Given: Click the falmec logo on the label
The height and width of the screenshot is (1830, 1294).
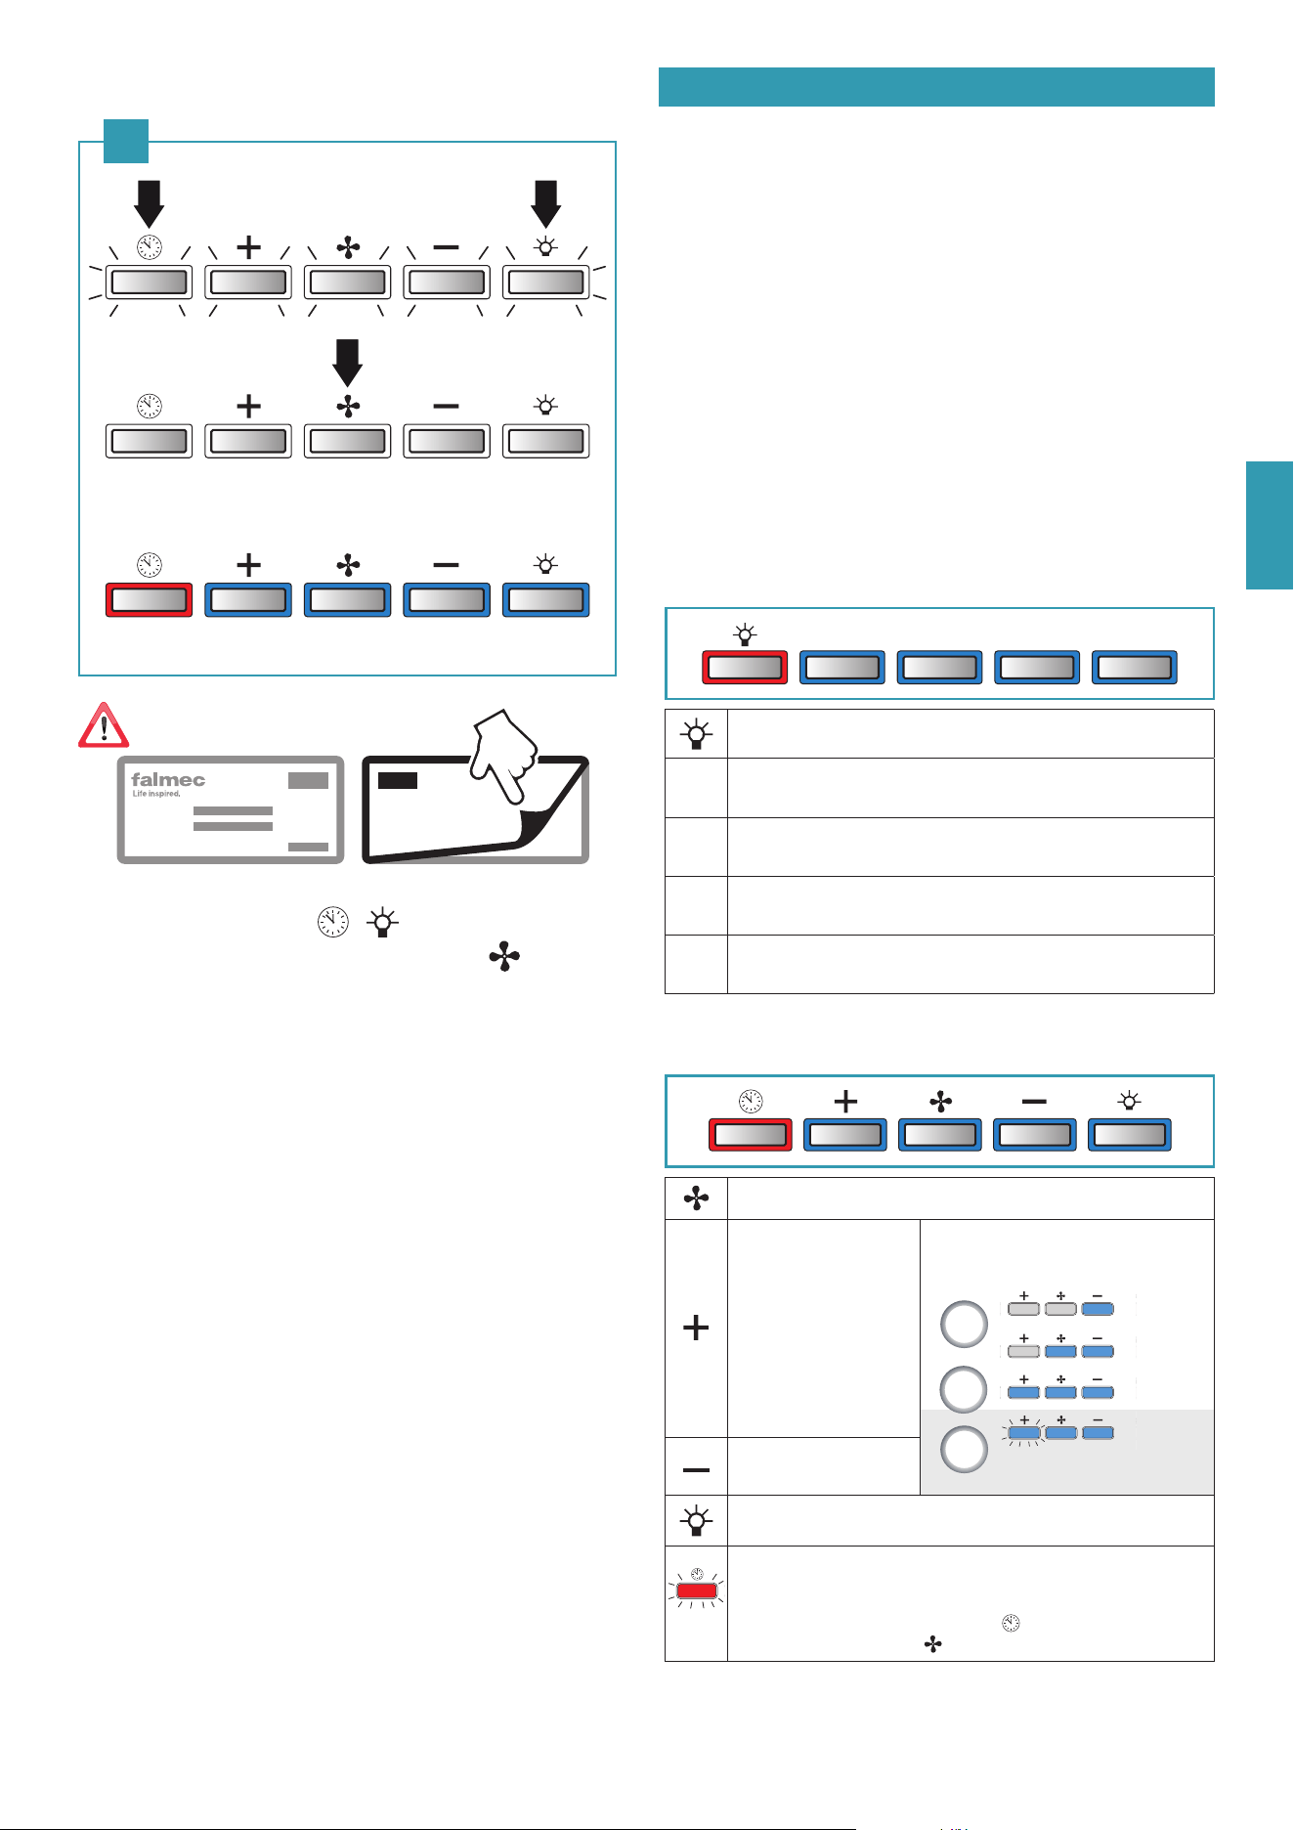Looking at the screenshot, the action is (x=168, y=779).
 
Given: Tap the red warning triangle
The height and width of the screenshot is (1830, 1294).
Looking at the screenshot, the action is (x=103, y=725).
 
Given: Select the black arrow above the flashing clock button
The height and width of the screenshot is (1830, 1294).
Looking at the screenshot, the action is (x=149, y=203).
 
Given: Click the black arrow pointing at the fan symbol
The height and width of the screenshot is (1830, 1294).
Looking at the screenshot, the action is (x=347, y=363).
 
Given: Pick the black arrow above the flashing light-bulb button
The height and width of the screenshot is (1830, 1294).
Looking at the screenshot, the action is (x=545, y=203).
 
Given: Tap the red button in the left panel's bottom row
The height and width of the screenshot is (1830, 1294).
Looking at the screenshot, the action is (x=149, y=600).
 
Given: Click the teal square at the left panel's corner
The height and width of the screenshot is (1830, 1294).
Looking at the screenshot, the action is (x=126, y=141).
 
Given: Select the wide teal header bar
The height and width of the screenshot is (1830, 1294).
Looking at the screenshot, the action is (x=936, y=87).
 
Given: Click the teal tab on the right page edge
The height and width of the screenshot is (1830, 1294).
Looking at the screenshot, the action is (x=1270, y=526).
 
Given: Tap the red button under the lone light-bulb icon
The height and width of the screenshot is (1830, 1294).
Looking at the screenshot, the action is (x=745, y=668).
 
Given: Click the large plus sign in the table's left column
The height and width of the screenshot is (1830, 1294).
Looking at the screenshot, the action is (x=696, y=1328).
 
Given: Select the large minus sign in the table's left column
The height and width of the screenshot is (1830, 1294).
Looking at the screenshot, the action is (x=696, y=1469).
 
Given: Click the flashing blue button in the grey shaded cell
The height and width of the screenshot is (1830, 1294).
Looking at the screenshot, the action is (x=1024, y=1433).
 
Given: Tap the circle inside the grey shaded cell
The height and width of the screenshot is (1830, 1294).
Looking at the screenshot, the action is (x=964, y=1450).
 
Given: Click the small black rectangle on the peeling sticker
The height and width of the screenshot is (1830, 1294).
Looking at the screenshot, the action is (x=398, y=780).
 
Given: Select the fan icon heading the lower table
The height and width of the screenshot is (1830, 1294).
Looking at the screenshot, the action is (x=696, y=1198).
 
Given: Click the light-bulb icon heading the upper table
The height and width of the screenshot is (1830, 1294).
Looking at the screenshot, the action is (x=696, y=734).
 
